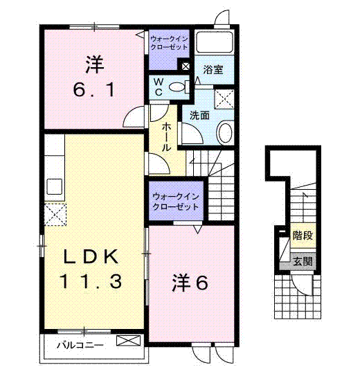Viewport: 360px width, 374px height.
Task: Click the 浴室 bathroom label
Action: click(x=213, y=70)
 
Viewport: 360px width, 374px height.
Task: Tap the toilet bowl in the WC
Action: click(x=177, y=87)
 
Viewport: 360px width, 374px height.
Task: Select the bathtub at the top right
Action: click(x=214, y=42)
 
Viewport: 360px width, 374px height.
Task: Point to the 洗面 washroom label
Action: click(x=199, y=116)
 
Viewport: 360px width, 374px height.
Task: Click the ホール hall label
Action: click(x=166, y=137)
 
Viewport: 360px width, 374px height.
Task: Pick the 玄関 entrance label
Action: click(x=303, y=261)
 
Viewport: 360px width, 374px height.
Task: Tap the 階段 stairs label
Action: click(x=303, y=235)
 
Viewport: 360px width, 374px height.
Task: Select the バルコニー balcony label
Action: click(x=80, y=345)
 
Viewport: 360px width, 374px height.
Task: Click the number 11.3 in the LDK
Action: click(x=91, y=281)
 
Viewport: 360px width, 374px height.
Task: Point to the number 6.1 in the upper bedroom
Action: click(x=94, y=90)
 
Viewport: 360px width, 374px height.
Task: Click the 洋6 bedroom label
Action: click(x=190, y=283)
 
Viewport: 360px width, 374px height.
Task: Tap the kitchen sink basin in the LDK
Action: click(x=55, y=186)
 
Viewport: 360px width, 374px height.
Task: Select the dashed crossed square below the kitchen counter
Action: click(x=55, y=215)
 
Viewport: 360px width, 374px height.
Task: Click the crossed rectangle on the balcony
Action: click(x=128, y=341)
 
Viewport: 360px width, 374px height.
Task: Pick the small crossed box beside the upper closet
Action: click(x=186, y=66)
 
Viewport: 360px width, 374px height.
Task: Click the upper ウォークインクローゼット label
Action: click(x=169, y=43)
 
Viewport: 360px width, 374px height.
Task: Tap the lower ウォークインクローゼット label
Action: click(x=175, y=202)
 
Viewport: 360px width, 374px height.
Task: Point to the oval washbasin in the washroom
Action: click(x=225, y=132)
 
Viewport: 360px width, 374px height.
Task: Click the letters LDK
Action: click(x=91, y=256)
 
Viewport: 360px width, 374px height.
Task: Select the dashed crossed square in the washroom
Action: click(x=224, y=99)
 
